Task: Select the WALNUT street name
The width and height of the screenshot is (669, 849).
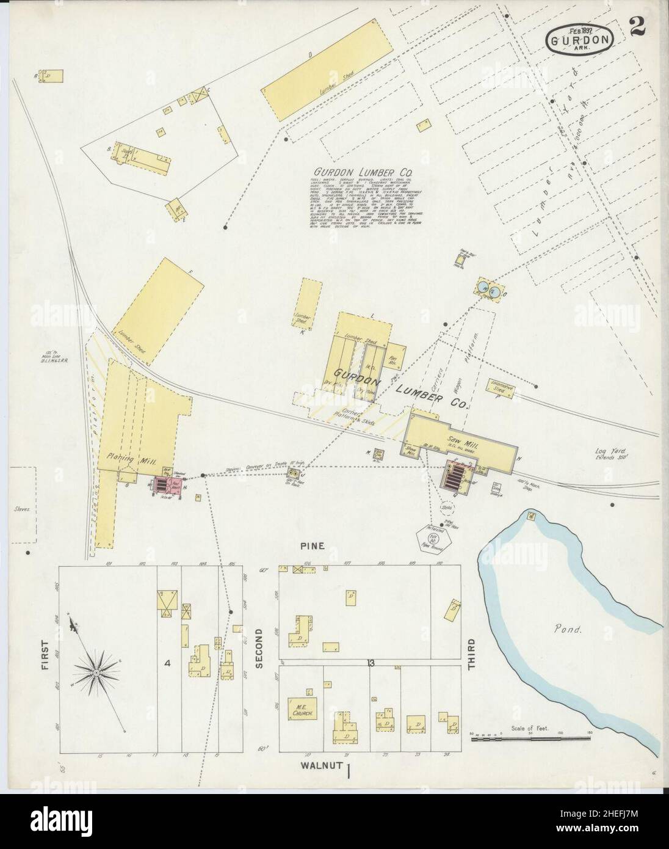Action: pyautogui.click(x=320, y=765)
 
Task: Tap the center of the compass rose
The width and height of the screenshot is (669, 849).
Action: pyautogui.click(x=96, y=672)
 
